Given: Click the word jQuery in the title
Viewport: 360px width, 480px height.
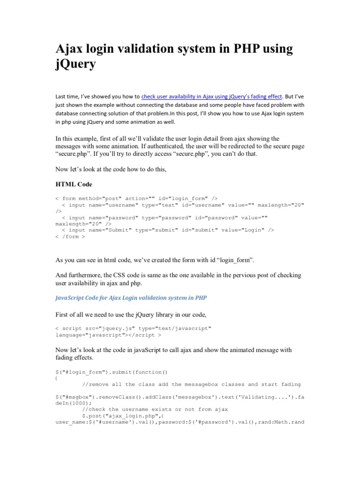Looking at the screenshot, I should [75, 64].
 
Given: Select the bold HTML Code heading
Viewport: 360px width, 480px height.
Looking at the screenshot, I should [74, 183].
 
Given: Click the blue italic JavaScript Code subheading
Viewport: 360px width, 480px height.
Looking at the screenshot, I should [131, 298].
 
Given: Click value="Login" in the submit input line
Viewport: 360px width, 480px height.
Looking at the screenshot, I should [242, 230].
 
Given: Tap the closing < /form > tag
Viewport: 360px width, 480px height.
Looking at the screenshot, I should [70, 237].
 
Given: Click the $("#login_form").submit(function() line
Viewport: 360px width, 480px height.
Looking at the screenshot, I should [112, 372].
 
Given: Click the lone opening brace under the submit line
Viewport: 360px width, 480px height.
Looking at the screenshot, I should [56, 378].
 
